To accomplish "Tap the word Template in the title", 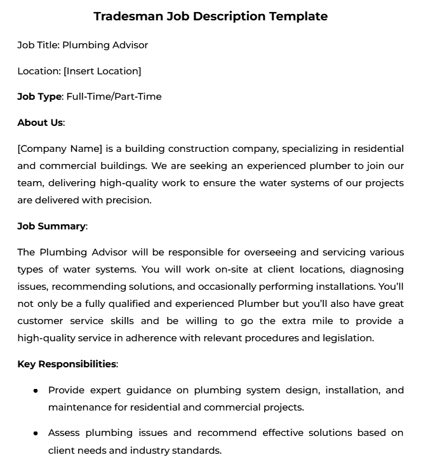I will (x=298, y=17).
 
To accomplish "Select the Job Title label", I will (x=38, y=45).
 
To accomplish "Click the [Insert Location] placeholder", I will (x=102, y=71).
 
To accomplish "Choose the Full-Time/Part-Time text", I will (x=114, y=97).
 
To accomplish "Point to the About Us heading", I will (x=40, y=123).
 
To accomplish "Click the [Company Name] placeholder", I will (x=60, y=149).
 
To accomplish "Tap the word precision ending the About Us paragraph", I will (x=130, y=200).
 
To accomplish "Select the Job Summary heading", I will (x=51, y=226).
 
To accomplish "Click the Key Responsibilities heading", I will (x=67, y=364).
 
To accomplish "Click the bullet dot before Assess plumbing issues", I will (x=36, y=433).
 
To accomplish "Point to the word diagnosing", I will (x=376, y=269).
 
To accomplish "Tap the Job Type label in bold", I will (x=39, y=97).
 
